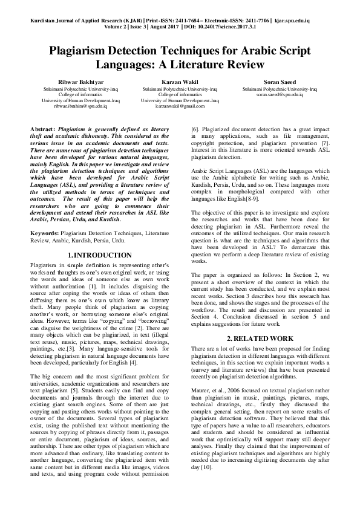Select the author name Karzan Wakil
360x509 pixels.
[179, 82]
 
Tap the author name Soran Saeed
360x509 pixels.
[280, 82]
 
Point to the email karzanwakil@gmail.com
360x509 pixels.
[179, 106]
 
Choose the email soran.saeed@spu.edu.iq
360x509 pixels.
[280, 94]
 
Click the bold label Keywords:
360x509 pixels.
[45, 232]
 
